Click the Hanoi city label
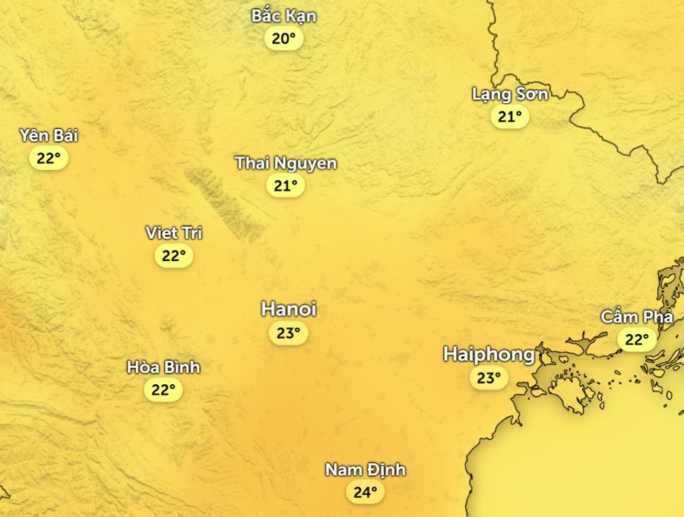(x=288, y=309)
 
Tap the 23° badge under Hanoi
(x=288, y=333)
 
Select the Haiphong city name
(x=489, y=354)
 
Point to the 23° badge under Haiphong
(x=489, y=377)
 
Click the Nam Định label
(x=365, y=470)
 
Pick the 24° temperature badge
(x=365, y=492)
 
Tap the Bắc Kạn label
(x=283, y=16)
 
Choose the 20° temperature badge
(x=283, y=39)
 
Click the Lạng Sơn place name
(x=509, y=94)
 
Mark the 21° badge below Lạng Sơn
(x=509, y=117)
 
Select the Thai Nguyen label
(x=286, y=162)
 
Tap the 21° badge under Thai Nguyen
(x=286, y=185)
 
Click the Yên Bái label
(x=49, y=136)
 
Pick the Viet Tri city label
(x=174, y=233)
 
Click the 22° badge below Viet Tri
(x=174, y=256)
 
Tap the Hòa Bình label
(x=163, y=367)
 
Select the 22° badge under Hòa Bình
(x=163, y=390)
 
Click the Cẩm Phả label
(x=636, y=317)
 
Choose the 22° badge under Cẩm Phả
(x=636, y=339)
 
